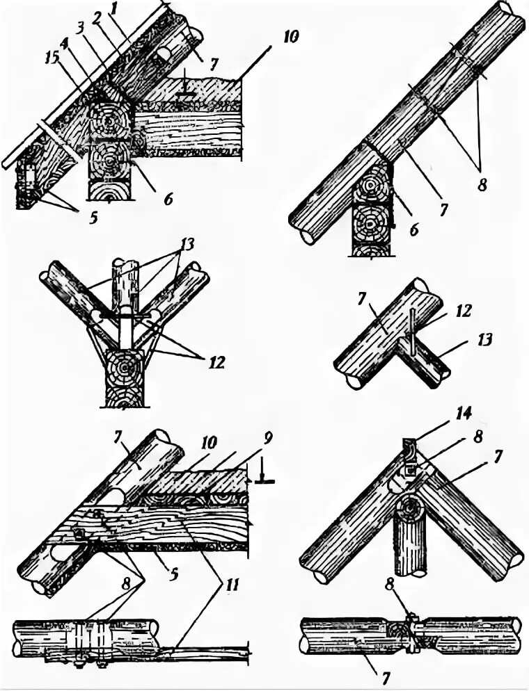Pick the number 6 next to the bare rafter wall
point(416,229)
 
